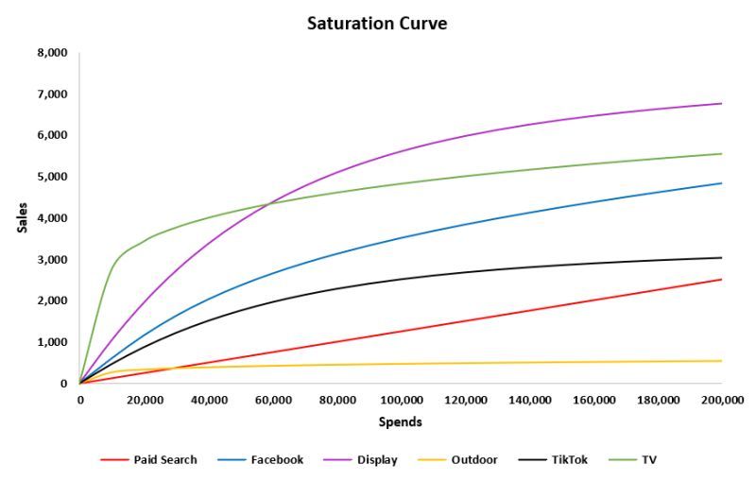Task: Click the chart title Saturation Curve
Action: pos(377,24)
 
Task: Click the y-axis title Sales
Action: pos(22,217)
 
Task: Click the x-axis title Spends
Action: pos(400,421)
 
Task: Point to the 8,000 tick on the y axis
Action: pos(52,53)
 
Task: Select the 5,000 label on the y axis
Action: pos(52,177)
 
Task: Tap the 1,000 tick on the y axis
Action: pos(52,342)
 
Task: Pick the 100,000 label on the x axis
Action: pos(400,400)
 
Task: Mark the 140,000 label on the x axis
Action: pos(528,400)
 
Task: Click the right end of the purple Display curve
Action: pos(722,104)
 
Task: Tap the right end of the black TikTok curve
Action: pos(722,258)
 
